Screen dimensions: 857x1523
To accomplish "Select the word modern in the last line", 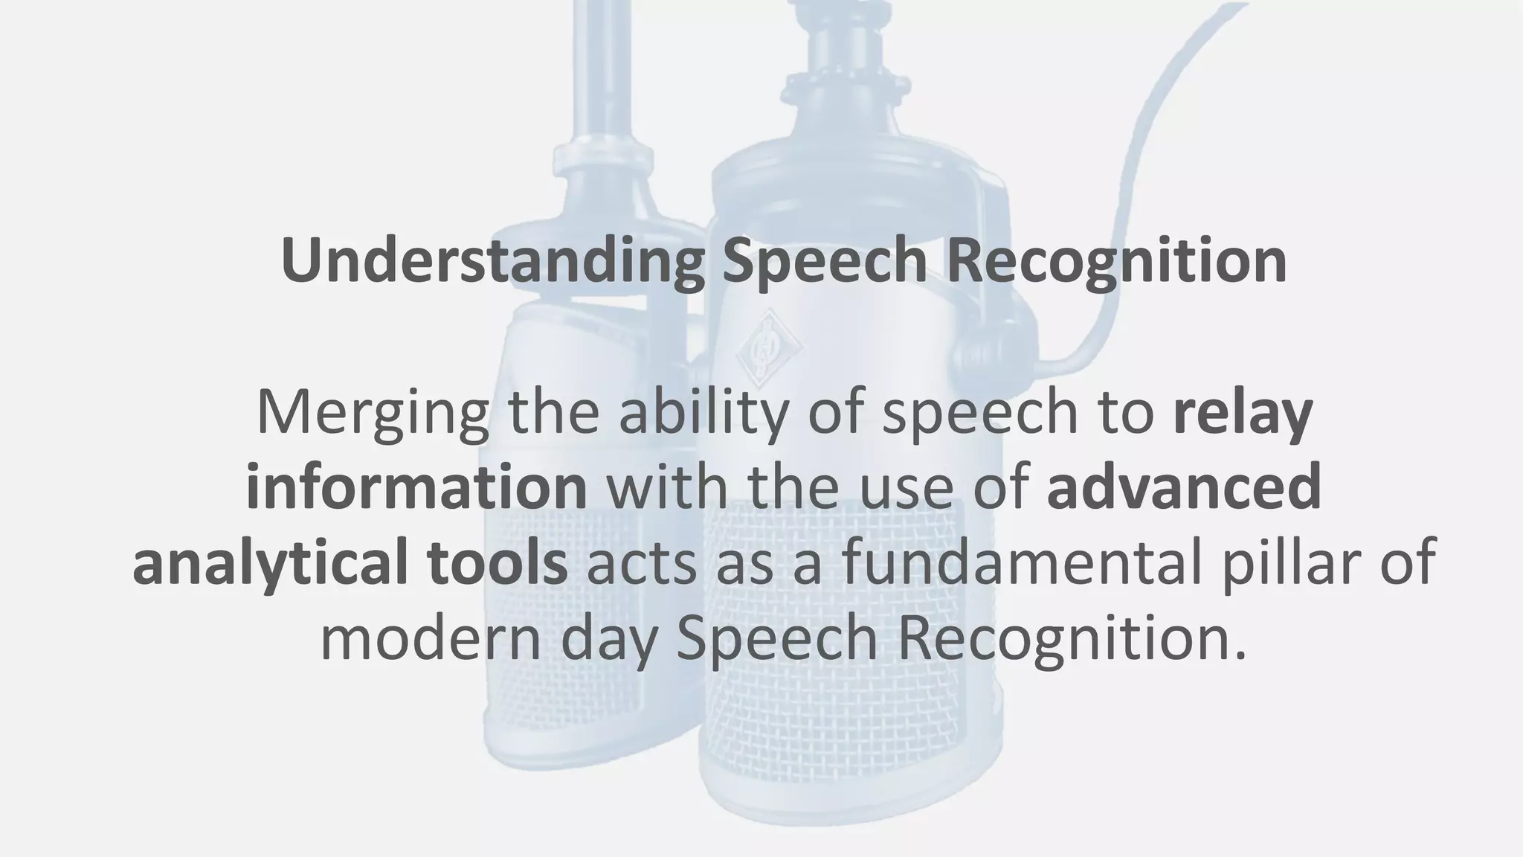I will tap(431, 638).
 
